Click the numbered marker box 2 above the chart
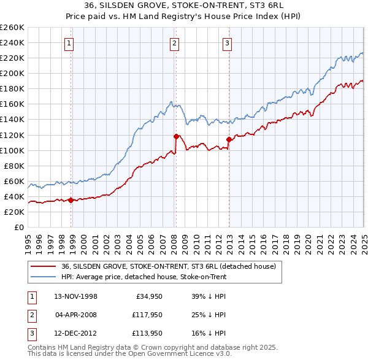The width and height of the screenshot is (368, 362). point(175,43)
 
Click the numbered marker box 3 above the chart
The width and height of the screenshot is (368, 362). point(227,43)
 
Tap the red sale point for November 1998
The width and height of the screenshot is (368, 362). point(71,199)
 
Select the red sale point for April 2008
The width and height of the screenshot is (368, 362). point(176,136)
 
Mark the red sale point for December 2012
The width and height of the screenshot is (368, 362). point(229,139)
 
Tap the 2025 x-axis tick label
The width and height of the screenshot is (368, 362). point(363,243)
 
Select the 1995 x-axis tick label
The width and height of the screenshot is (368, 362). point(28,243)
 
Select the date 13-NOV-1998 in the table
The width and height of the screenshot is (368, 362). point(76,296)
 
